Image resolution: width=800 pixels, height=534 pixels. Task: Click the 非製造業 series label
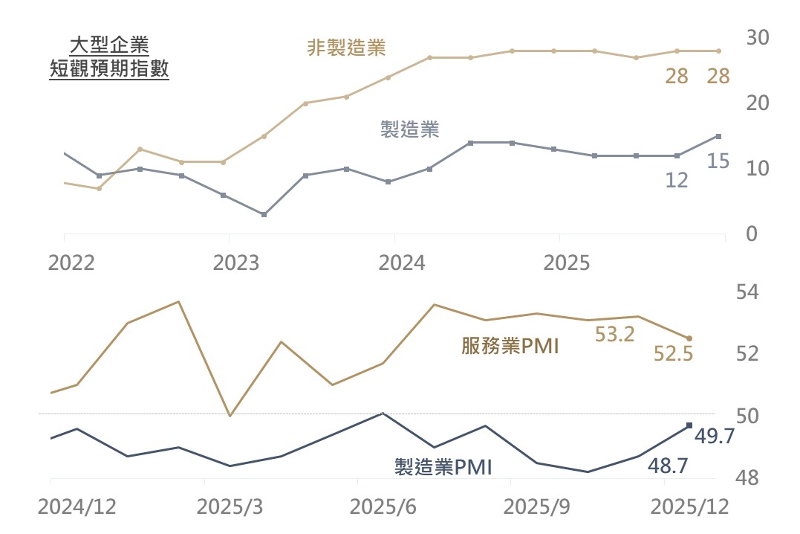347,48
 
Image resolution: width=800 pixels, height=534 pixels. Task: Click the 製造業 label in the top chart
409,129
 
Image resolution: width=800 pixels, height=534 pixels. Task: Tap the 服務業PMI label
510,346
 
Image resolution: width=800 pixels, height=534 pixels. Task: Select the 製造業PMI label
443,466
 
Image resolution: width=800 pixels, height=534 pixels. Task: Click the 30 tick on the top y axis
758,36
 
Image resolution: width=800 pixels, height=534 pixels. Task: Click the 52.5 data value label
673,354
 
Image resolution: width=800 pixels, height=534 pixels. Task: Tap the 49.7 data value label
714,437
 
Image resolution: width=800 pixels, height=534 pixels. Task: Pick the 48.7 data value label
668,466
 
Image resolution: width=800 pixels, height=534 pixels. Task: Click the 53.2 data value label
615,335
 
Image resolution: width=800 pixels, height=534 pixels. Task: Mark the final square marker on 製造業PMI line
689,425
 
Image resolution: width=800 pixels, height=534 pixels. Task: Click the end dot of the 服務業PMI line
689,338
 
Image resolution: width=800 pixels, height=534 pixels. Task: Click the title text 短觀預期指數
109,70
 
